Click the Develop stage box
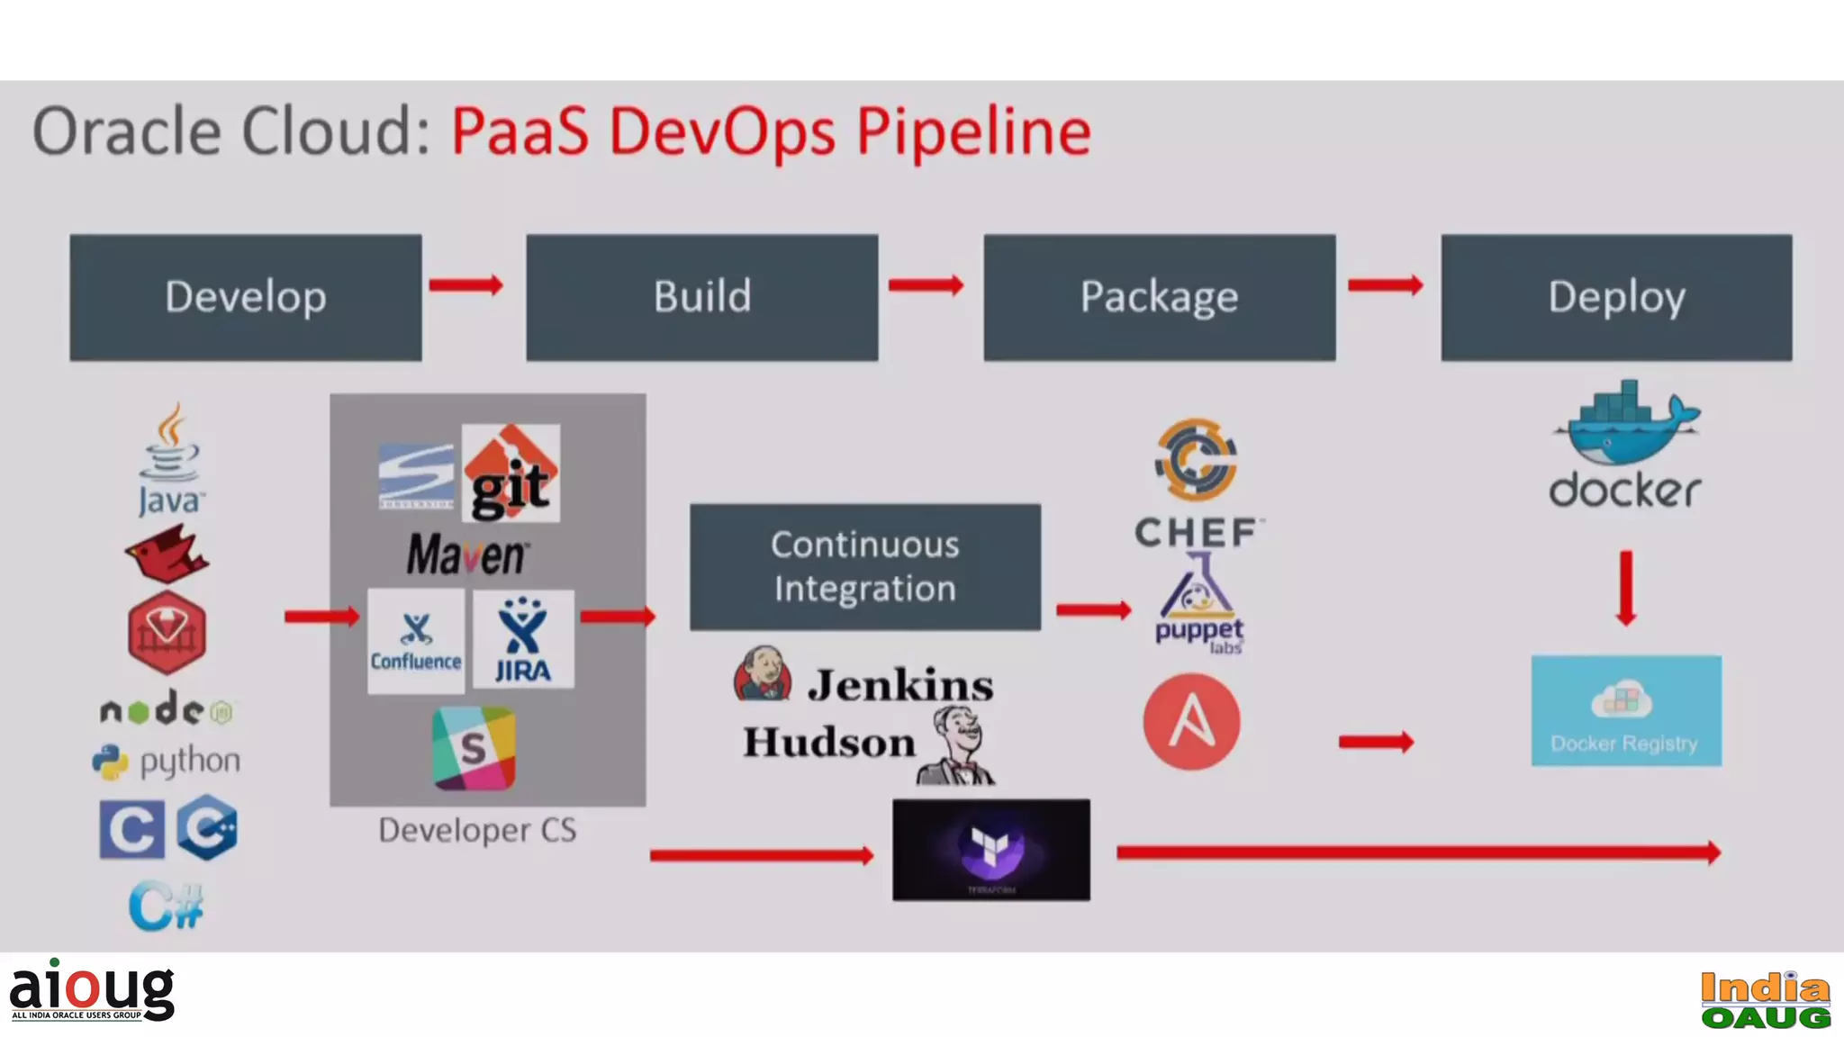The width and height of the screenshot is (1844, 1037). tap(245, 297)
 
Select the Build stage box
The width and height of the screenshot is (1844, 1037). tap(701, 297)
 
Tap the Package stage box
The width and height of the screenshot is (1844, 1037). tap(1159, 297)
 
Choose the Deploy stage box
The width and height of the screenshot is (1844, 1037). tap(1616, 297)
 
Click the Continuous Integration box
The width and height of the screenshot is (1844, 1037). tap(864, 566)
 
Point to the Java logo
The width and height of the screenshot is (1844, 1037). tap(170, 459)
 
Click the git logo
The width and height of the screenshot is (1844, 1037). tap(511, 473)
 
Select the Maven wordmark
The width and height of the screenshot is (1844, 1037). tap(466, 555)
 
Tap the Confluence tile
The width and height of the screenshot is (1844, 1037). tap(416, 641)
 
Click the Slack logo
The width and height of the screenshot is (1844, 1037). tap(475, 748)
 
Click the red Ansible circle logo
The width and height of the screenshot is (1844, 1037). tap(1191, 722)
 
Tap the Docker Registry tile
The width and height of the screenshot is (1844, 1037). tap(1626, 711)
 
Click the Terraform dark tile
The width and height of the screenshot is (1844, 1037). tap(990, 850)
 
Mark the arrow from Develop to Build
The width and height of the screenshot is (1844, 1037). tap(466, 285)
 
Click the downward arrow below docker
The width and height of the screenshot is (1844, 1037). tap(1625, 588)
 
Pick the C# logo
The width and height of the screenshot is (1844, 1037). tap(167, 906)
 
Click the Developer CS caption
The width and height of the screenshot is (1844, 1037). tap(477, 830)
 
